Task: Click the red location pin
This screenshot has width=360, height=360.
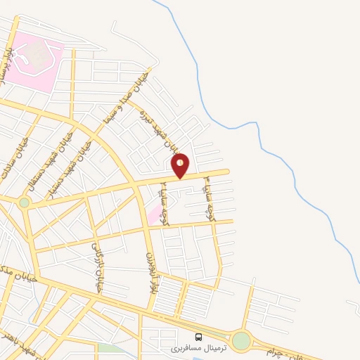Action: tap(181, 166)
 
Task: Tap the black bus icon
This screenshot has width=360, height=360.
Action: tap(198, 337)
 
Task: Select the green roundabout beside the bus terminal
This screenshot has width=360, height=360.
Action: tap(241, 341)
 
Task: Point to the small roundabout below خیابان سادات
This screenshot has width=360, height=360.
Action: tap(25, 202)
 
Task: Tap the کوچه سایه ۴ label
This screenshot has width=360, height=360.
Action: tap(209, 199)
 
